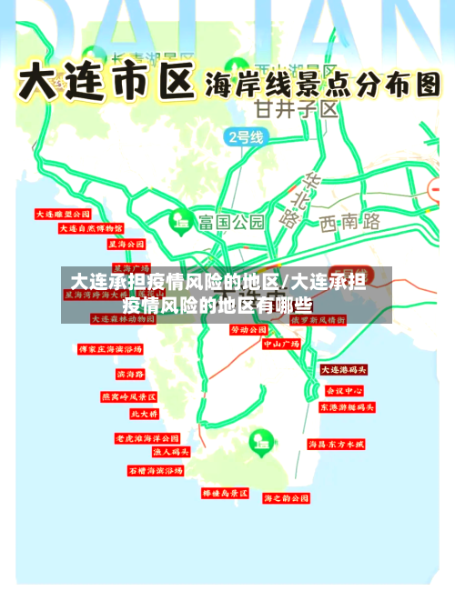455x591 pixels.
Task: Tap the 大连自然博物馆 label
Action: coord(90,229)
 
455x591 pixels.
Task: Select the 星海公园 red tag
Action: coord(126,245)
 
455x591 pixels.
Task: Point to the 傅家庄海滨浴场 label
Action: coord(110,349)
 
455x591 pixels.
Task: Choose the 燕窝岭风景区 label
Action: coord(128,397)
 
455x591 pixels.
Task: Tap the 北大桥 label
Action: coord(143,414)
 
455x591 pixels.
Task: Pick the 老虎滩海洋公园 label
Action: coord(147,438)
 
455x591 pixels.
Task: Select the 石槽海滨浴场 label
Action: coord(155,471)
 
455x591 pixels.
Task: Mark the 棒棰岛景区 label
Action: coord(225,493)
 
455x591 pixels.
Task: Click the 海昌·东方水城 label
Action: coord(336,445)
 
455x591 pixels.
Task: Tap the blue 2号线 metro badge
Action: coord(244,137)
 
